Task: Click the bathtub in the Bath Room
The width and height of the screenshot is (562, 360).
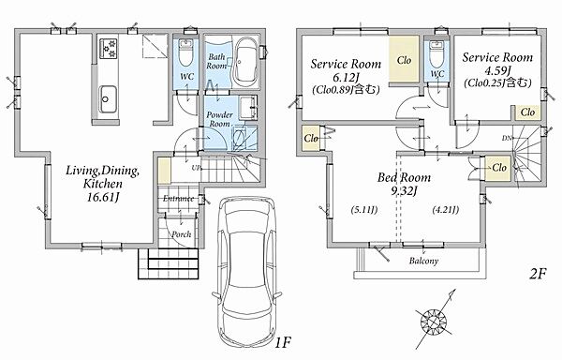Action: coord(245,63)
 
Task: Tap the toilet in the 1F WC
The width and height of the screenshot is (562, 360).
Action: coord(185,53)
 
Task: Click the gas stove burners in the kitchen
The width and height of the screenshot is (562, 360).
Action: coord(109,49)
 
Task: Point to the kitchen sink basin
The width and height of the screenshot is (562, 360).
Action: coord(107,98)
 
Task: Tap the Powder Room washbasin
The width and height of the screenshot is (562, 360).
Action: coord(247,107)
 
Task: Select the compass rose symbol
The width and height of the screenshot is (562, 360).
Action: coord(434,319)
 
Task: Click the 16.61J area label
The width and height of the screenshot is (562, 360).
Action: coord(103,197)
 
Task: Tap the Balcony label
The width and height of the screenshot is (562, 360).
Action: coord(423,261)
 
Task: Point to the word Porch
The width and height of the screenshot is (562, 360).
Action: coord(181,234)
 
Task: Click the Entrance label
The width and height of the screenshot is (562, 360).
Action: coord(179,199)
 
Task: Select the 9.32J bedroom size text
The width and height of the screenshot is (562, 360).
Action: coord(404,191)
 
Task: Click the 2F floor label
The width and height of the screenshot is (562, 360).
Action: coord(538,275)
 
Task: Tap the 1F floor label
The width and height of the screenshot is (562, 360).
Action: coord(283,343)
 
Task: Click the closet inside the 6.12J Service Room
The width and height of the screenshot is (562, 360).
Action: coord(405,60)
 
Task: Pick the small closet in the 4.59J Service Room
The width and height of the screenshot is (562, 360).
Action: coord(527,112)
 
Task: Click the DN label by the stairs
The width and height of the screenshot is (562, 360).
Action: coord(507,138)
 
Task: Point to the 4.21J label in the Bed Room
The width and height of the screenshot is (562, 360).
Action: coord(446,209)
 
